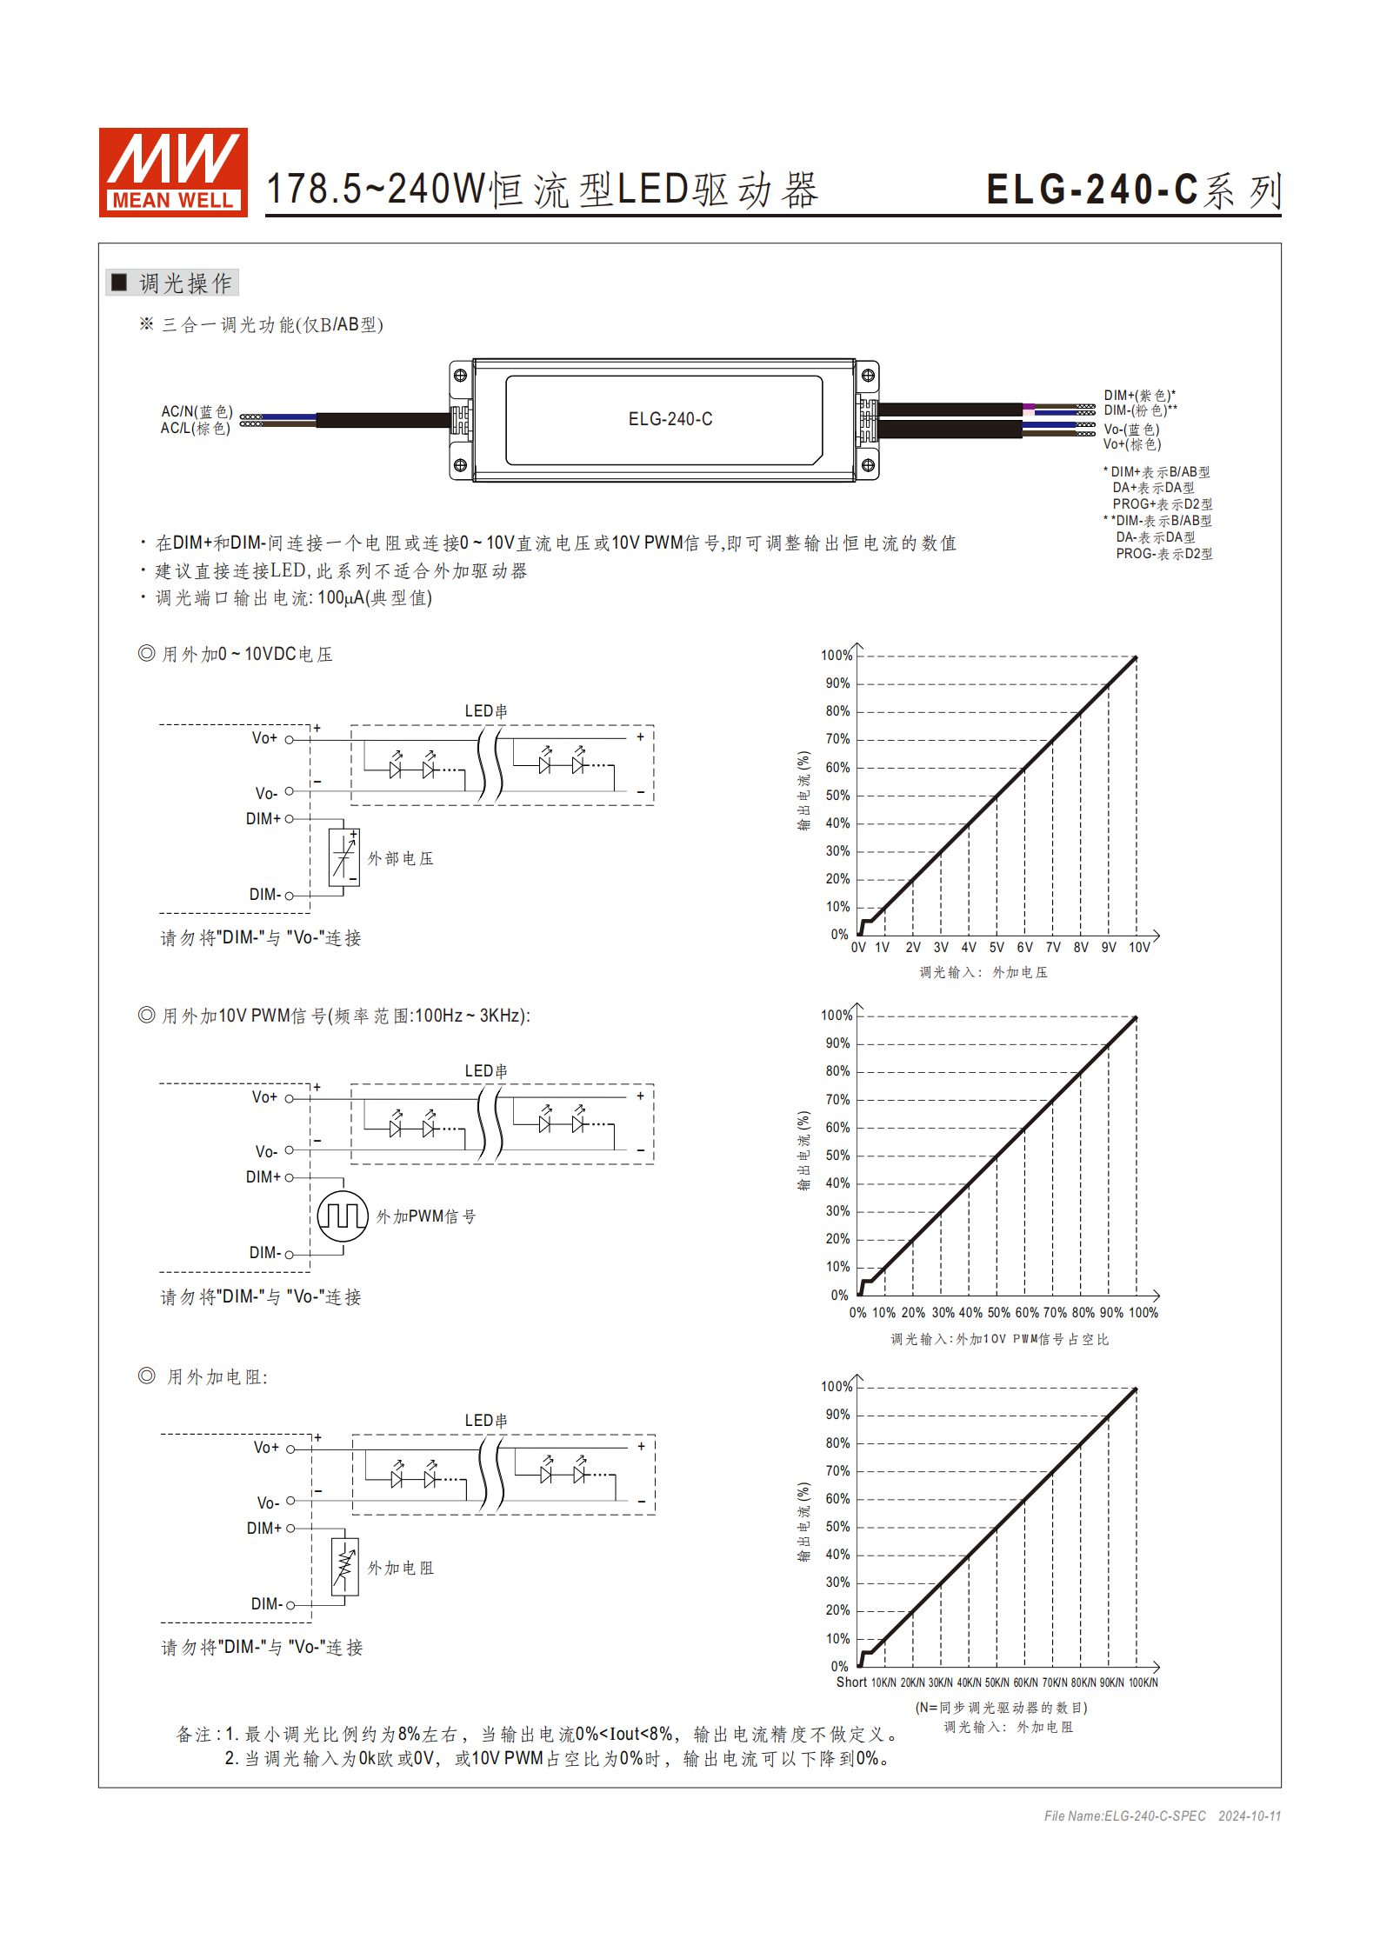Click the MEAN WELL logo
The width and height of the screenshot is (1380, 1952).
[172, 171]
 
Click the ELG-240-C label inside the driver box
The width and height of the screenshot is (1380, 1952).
[670, 419]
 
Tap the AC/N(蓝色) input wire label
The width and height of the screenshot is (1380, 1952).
[197, 411]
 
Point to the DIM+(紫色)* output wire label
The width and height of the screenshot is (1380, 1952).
[1139, 396]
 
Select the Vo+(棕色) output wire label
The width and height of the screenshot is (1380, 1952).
[1131, 444]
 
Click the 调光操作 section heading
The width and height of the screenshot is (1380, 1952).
[184, 283]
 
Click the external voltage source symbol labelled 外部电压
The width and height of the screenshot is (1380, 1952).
[344, 857]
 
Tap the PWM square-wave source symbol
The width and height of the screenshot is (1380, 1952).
[343, 1216]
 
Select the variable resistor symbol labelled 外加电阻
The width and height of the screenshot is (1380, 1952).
[345, 1567]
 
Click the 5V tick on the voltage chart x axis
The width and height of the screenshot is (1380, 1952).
[997, 948]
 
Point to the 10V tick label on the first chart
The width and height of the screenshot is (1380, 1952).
[1139, 948]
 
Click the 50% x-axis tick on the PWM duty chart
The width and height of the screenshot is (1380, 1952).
[998, 1313]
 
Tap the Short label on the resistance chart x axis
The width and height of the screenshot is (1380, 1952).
[851, 1682]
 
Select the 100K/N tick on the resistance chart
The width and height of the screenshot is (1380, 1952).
[1143, 1683]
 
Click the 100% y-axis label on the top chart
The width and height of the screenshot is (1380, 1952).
[836, 656]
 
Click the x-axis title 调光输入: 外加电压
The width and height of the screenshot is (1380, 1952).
[983, 972]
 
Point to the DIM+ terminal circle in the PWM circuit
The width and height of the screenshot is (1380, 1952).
[290, 1177]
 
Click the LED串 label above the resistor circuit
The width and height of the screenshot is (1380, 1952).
[486, 1420]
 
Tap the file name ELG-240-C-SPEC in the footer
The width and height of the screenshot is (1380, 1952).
[1155, 1815]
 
